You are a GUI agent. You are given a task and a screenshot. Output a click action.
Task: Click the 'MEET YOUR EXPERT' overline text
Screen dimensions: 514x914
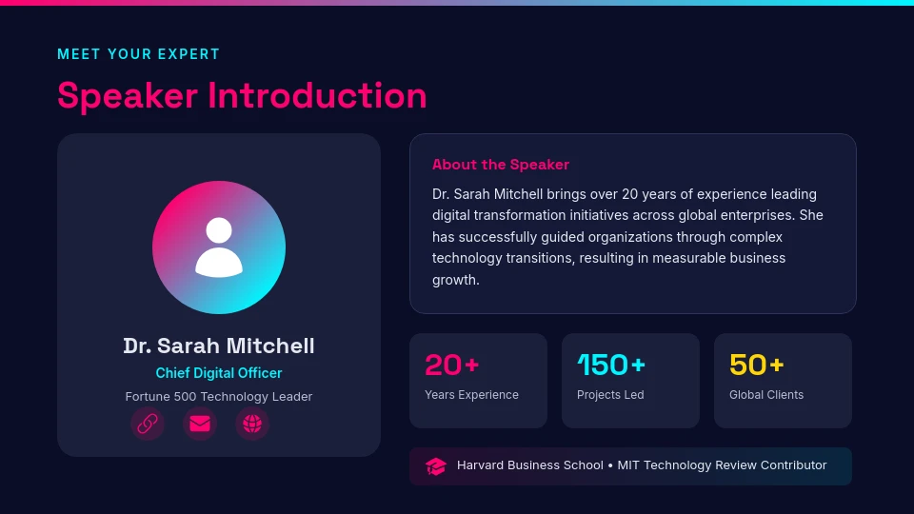click(138, 54)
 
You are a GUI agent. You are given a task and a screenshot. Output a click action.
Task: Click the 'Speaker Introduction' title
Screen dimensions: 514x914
click(242, 96)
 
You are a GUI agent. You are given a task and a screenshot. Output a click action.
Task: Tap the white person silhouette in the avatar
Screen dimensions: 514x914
click(219, 247)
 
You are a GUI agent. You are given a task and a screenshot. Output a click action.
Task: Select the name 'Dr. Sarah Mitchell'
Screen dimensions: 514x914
click(219, 346)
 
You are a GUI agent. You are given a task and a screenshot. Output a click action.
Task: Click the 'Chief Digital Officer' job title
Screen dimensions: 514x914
click(219, 373)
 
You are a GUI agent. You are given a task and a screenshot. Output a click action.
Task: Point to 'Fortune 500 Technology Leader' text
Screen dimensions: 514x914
click(219, 397)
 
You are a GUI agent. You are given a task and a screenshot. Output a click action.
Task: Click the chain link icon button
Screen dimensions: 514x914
click(148, 424)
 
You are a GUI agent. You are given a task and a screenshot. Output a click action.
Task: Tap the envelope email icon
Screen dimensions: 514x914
click(200, 424)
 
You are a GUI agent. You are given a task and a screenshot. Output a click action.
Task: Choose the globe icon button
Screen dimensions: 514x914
click(252, 424)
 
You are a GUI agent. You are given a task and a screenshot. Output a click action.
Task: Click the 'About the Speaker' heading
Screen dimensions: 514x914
click(501, 165)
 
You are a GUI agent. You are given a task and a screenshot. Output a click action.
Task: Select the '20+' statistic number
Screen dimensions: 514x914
click(451, 365)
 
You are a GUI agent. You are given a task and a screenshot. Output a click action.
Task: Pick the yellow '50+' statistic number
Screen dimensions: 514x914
click(756, 365)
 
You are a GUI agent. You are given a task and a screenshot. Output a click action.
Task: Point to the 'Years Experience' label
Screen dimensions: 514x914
click(471, 395)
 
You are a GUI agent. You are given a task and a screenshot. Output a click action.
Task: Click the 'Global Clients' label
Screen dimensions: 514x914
click(766, 395)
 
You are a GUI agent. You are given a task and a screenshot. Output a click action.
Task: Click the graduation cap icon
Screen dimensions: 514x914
click(436, 466)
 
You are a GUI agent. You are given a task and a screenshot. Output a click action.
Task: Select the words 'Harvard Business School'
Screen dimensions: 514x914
click(529, 465)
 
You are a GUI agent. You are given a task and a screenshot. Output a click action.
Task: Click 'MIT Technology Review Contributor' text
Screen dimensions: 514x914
click(722, 465)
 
